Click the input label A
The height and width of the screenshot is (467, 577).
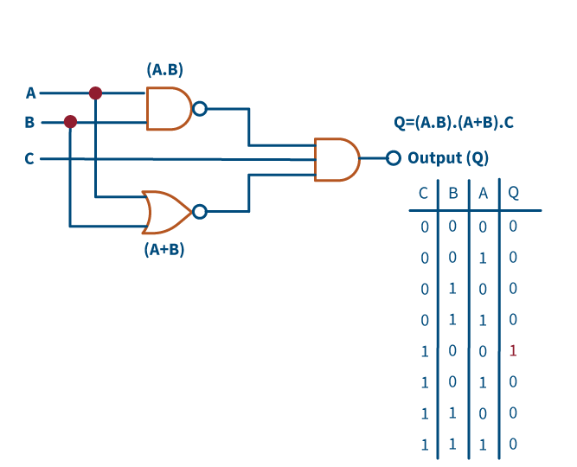[30, 93]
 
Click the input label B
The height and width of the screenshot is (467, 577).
[29, 122]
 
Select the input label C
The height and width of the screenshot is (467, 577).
[29, 159]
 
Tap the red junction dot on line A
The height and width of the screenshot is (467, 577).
[95, 93]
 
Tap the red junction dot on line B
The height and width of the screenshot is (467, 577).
[70, 122]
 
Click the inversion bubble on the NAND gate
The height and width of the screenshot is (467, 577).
[200, 108]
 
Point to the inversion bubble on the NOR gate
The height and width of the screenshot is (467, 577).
[200, 212]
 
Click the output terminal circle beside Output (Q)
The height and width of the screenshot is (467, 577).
[394, 158]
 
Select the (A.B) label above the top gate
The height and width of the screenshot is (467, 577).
[164, 69]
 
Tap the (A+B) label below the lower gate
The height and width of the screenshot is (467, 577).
[164, 251]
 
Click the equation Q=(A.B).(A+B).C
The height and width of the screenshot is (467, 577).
[453, 123]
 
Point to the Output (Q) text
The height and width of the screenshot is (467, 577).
[448, 158]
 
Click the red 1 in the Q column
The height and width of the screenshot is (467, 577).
[513, 350]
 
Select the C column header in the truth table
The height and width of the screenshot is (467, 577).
[424, 193]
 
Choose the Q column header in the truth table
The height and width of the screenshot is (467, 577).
[513, 193]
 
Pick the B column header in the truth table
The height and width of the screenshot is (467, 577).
[453, 193]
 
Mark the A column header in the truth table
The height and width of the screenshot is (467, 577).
[483, 193]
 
